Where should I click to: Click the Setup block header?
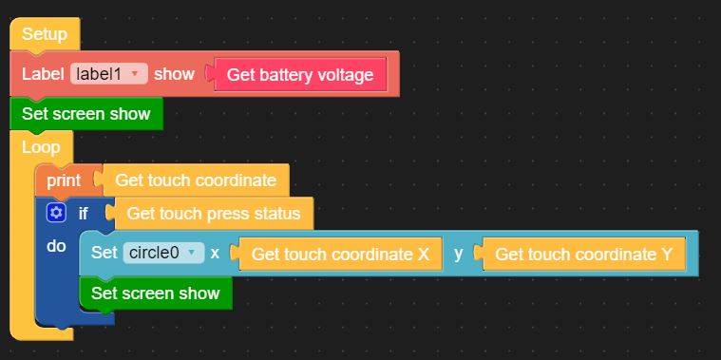point(45,34)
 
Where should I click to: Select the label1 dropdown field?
point(109,74)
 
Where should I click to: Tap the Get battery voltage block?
point(300,74)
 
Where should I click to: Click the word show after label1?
point(174,74)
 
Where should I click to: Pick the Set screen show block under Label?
point(86,114)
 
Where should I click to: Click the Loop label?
point(41,147)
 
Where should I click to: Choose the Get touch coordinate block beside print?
point(195,180)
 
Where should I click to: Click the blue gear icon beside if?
point(56,213)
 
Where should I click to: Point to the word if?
point(84,214)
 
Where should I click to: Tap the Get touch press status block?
point(213,214)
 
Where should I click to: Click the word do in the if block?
point(56,246)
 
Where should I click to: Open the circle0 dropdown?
point(163,253)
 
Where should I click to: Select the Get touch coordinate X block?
point(340,254)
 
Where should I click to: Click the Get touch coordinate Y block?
point(583,254)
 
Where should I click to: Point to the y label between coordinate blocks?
point(458,254)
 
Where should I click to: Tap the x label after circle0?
point(215,254)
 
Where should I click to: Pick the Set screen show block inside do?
point(156,293)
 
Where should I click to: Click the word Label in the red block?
point(43,74)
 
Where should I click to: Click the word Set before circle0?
point(104,253)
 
